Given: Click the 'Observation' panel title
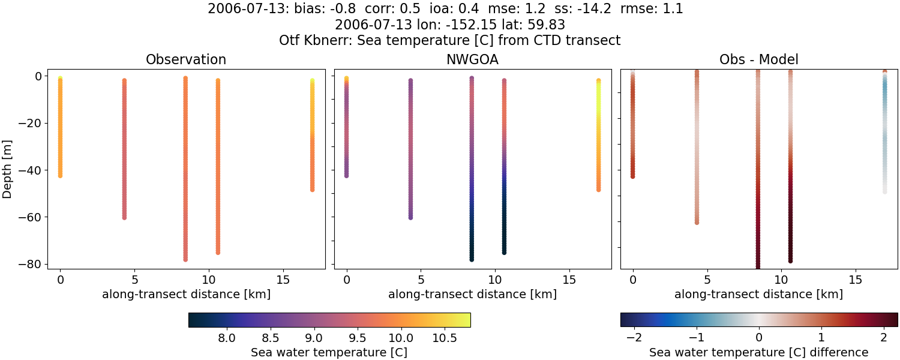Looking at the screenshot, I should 186,59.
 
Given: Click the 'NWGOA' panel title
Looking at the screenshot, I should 472,59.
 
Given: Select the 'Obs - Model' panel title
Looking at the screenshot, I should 758,59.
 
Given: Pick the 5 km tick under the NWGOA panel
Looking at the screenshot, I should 421,280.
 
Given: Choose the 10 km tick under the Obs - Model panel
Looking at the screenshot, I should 781,280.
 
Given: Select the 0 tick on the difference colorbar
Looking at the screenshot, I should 758,338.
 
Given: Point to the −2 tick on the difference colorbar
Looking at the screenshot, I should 634,338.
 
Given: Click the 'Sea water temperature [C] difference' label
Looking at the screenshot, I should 758,352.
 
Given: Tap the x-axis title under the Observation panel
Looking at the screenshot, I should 186,294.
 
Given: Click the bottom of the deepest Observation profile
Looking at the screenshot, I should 185,259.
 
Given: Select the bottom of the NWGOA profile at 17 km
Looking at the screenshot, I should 598,189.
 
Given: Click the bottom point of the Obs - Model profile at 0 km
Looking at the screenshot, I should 632,176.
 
